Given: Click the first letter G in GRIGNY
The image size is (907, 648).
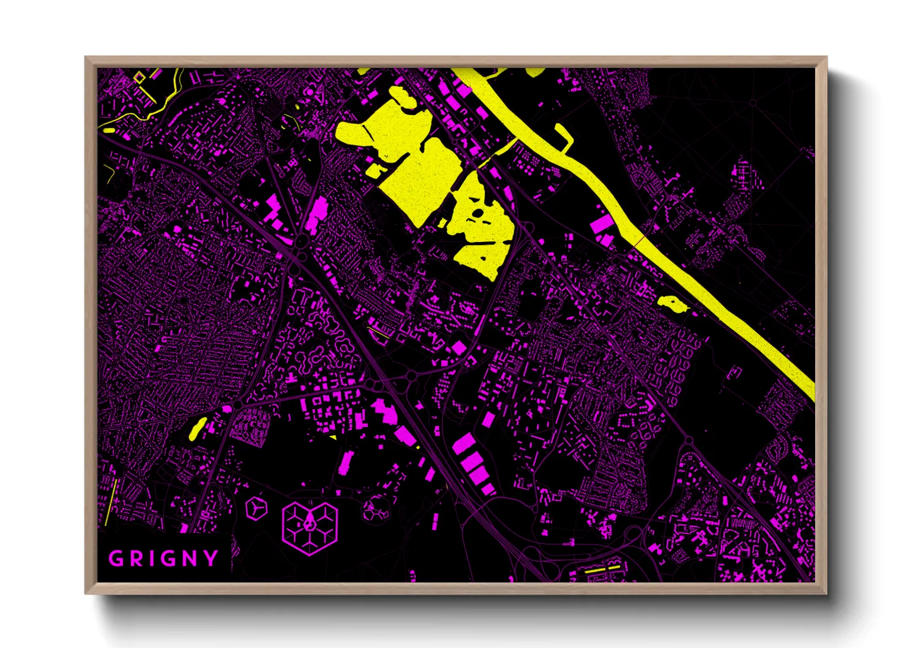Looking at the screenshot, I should [115, 559].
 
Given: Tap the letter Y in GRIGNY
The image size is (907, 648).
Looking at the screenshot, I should [211, 559].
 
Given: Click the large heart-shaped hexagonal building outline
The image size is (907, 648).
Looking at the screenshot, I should [309, 527].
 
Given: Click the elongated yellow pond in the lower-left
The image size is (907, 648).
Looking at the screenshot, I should [197, 428].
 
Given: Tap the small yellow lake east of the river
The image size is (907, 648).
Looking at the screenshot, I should [672, 303].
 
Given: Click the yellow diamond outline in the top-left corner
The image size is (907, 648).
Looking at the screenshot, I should [140, 77].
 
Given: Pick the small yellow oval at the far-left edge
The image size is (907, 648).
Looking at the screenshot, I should [109, 130].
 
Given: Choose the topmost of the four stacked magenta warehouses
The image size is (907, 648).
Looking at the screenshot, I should [463, 443].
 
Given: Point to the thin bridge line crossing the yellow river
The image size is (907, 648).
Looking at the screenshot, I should [638, 241].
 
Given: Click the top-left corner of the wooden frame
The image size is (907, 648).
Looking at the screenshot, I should [86, 58].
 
